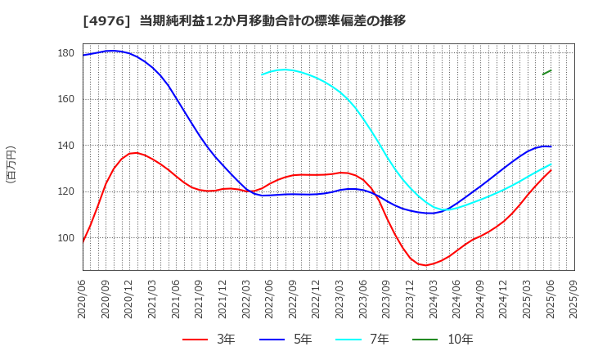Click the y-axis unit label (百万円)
click(11, 164)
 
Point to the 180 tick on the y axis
click(66, 53)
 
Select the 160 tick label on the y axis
click(66, 100)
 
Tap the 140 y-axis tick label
click(66, 146)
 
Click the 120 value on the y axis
click(66, 192)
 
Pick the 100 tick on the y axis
click(66, 238)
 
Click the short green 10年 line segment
click(546, 72)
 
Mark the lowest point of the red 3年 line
click(425, 265)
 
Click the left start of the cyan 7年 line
click(263, 74)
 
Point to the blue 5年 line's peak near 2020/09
click(111, 51)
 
